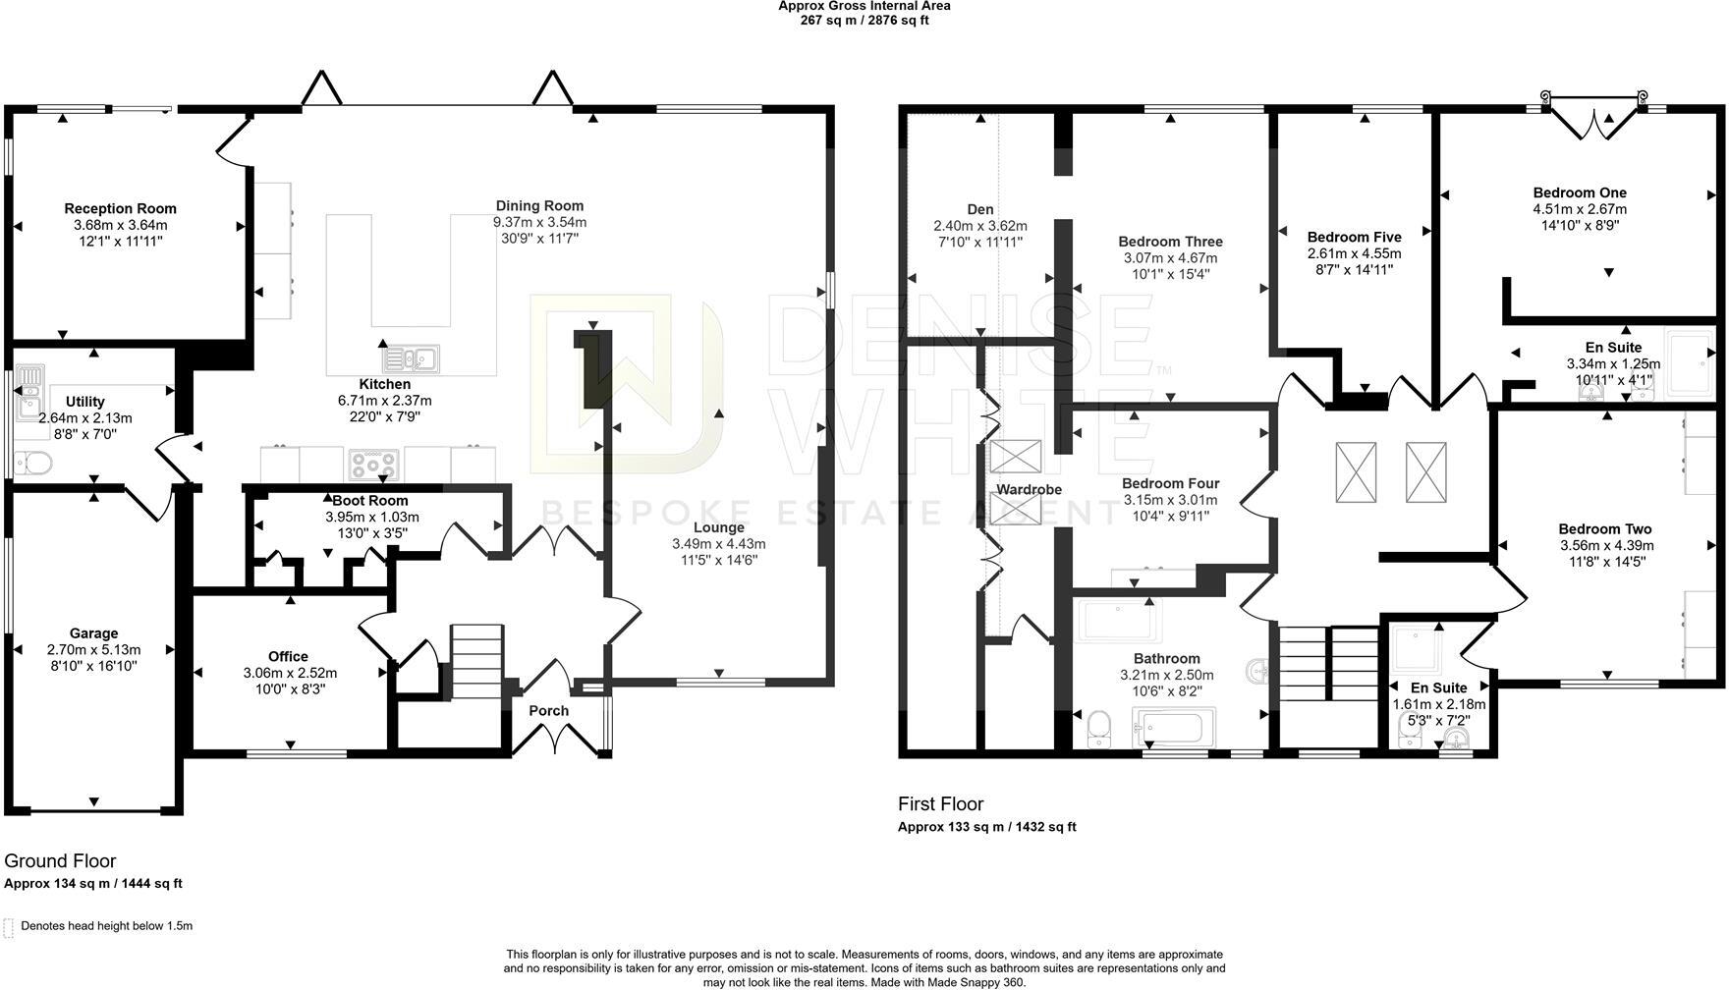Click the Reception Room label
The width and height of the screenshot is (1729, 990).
(x=121, y=208)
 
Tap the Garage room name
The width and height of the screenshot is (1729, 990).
(x=93, y=633)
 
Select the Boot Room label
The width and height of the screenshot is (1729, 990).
(x=370, y=501)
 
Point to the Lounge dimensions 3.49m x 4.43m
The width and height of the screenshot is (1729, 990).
(x=718, y=544)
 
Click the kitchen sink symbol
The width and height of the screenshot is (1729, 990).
(x=412, y=357)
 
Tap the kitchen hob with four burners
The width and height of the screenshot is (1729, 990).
(x=374, y=463)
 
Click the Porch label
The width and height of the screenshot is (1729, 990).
(x=549, y=711)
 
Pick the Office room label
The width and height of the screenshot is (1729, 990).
(x=288, y=657)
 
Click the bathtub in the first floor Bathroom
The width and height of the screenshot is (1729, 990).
(x=1174, y=728)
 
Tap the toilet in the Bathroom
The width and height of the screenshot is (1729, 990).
(x=1100, y=728)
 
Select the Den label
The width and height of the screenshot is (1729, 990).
(x=980, y=209)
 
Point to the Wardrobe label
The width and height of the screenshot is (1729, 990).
(x=1030, y=489)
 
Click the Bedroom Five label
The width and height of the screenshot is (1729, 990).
(x=1354, y=237)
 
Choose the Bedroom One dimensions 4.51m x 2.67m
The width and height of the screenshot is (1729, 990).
(x=1580, y=209)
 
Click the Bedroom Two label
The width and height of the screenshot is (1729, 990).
(x=1605, y=529)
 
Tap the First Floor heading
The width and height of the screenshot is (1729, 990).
(x=941, y=804)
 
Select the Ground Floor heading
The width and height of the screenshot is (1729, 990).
(x=60, y=861)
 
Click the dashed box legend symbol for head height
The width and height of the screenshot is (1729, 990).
(x=9, y=927)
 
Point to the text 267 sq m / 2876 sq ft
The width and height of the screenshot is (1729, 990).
(x=864, y=20)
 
